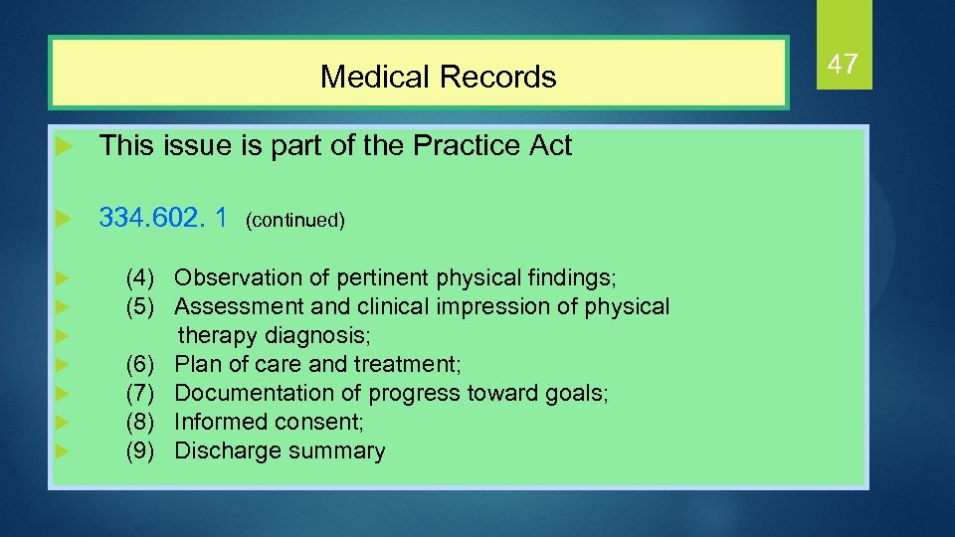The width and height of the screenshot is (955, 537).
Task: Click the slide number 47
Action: [x=843, y=65]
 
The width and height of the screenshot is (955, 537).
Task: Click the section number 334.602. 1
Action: [x=163, y=217]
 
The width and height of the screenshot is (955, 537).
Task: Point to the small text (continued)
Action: [x=295, y=220]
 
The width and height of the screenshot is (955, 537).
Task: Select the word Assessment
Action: [x=237, y=306]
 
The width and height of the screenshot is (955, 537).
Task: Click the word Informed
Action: [x=216, y=422]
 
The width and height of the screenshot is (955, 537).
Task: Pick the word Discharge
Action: [x=225, y=450]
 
